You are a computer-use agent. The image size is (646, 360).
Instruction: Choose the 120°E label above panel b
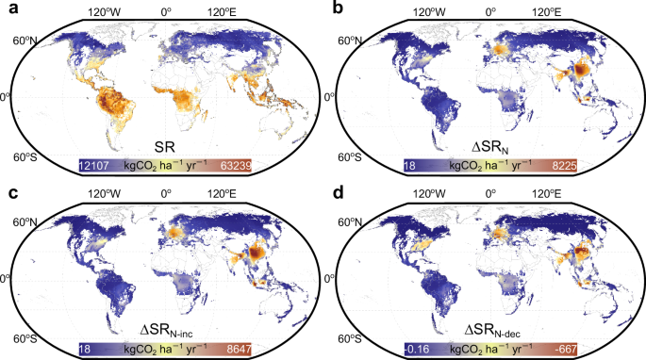point(547,15)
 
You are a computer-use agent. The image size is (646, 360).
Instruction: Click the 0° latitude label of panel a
point(8,98)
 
